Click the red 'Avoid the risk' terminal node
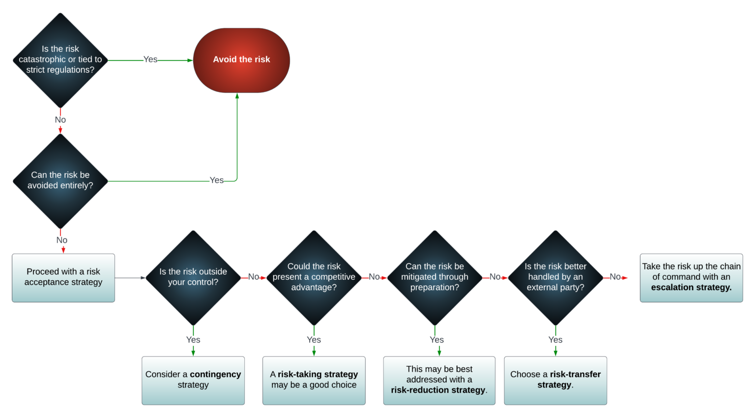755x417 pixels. (x=241, y=60)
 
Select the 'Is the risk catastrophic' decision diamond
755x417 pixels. (x=60, y=60)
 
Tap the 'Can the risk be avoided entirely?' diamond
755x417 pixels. (x=60, y=180)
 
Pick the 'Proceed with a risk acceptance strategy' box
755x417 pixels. (x=63, y=277)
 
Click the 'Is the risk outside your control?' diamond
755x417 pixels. (x=193, y=277)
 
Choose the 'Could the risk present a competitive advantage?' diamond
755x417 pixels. (x=314, y=277)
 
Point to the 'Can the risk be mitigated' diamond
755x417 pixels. (x=435, y=277)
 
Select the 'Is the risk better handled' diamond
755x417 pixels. (x=555, y=277)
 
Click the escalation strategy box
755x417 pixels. (x=691, y=277)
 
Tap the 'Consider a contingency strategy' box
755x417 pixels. (x=193, y=380)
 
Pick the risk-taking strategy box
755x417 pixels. (x=314, y=380)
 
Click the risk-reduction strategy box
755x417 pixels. (x=439, y=380)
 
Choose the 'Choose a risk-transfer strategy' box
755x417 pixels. (x=555, y=380)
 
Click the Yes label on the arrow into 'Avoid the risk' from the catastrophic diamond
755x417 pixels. (x=150, y=60)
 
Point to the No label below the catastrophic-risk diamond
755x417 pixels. (x=60, y=120)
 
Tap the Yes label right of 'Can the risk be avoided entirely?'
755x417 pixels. (x=217, y=180)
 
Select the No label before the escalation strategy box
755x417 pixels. (x=615, y=277)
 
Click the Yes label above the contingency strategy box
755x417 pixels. (x=193, y=340)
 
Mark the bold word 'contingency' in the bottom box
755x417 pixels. (x=215, y=374)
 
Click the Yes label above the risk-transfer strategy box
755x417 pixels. (x=555, y=340)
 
